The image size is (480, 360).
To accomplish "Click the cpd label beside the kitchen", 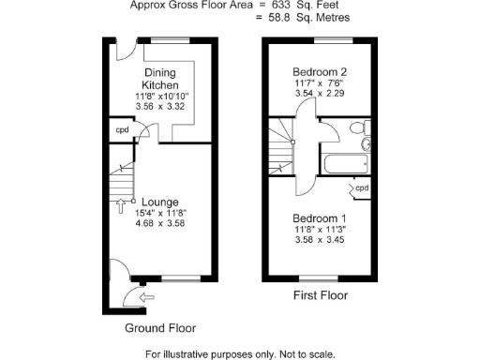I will tap(122, 130).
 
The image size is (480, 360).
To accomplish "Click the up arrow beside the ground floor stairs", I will tap(121, 208).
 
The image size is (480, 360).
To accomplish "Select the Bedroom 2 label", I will tap(320, 72).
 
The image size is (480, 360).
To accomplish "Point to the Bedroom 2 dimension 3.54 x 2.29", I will tap(320, 95).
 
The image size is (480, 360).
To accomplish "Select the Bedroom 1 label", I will tap(320, 217).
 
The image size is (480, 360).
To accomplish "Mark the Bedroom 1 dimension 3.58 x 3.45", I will tap(320, 240).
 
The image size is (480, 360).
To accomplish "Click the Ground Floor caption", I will tap(160, 328).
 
